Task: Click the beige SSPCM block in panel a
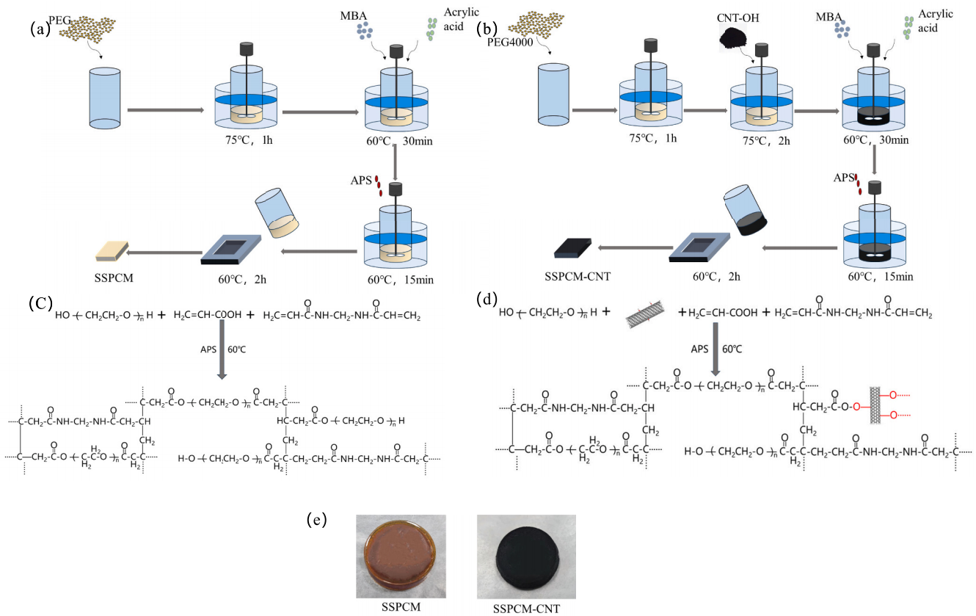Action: [x=112, y=250]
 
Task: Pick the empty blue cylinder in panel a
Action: [x=103, y=96]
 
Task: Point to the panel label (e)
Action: [x=316, y=520]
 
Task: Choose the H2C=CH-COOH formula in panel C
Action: [x=207, y=315]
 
